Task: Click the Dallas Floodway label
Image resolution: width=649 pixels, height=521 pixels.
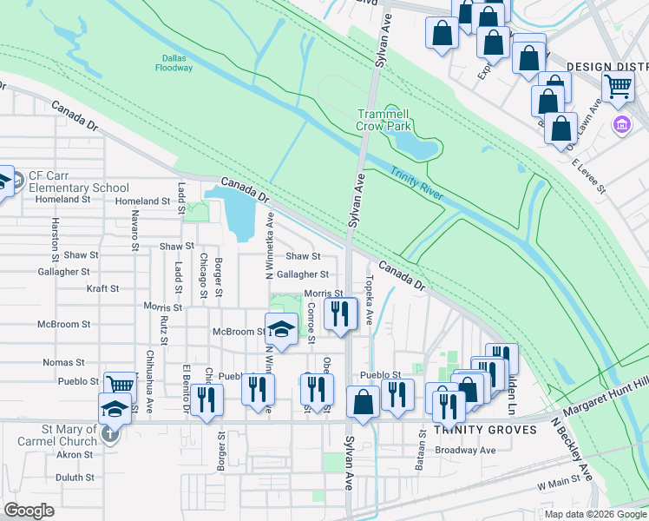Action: click(x=169, y=62)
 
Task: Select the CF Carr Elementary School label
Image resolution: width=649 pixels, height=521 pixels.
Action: click(x=78, y=181)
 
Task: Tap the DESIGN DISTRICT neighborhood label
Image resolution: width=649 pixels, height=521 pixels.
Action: click(x=607, y=66)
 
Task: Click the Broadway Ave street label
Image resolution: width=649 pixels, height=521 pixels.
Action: click(x=465, y=450)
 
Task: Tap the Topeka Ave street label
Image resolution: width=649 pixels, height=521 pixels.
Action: click(x=370, y=299)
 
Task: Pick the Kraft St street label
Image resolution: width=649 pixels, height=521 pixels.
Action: click(x=102, y=287)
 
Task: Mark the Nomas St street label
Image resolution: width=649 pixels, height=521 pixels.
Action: click(x=68, y=362)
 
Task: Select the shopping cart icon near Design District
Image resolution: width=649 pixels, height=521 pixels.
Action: click(x=618, y=86)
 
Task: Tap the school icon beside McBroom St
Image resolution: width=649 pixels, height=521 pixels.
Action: click(x=280, y=328)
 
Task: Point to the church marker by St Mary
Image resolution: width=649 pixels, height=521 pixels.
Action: click(x=111, y=434)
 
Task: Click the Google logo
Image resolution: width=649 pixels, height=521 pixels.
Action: click(x=29, y=511)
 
